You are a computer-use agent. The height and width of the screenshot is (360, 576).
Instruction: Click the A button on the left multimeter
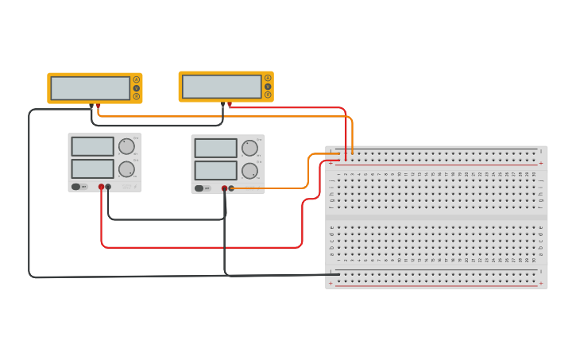[136, 79]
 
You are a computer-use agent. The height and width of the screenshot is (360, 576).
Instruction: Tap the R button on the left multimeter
[136, 96]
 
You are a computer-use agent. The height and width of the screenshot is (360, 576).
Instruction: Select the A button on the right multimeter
[268, 78]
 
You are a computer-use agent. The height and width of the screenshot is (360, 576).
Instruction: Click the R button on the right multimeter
[268, 95]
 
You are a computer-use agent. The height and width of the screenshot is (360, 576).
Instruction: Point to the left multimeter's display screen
[90, 87]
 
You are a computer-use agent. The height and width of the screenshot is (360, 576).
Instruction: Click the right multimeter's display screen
[222, 86]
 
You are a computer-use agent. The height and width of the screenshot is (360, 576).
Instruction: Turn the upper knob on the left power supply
[126, 146]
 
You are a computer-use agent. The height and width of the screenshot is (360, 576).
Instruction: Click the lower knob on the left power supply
[126, 168]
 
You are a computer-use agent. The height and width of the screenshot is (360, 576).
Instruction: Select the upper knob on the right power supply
[249, 148]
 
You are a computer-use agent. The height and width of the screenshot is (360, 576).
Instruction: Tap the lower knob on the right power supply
[249, 171]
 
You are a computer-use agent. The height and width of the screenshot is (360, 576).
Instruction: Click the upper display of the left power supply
[92, 146]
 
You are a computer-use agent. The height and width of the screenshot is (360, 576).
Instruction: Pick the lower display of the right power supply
[215, 171]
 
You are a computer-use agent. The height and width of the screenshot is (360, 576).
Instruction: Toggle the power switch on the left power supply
[76, 187]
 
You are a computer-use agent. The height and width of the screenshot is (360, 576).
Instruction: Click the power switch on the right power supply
[199, 188]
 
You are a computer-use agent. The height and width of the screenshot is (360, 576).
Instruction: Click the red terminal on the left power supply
[101, 187]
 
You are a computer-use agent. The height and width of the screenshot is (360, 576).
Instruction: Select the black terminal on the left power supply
[108, 187]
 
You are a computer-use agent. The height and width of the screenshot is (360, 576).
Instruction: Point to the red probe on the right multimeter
[230, 104]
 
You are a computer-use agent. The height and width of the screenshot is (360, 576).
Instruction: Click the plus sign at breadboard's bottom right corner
[541, 283]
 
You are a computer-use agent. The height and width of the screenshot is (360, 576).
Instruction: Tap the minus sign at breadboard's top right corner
[541, 151]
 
